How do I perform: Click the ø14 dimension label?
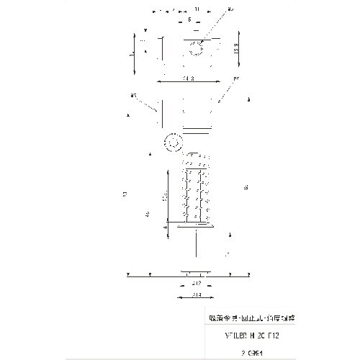point(196,295)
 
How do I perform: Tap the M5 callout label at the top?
point(230,9)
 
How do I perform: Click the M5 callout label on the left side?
point(134,94)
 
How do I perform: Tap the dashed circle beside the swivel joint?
point(172,142)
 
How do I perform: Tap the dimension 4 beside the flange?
point(166,227)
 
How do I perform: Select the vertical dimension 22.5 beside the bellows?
point(165,197)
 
